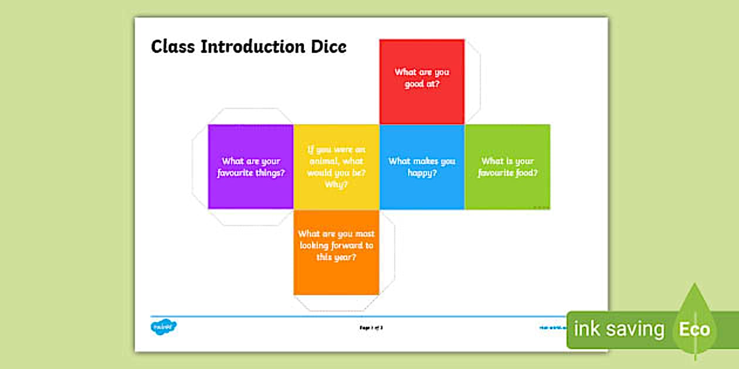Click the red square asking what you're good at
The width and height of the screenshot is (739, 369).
(x=422, y=81)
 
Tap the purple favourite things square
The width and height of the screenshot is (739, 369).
(x=250, y=167)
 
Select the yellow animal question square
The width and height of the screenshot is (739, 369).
(x=336, y=167)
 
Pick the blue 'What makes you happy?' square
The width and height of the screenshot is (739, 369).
(x=422, y=167)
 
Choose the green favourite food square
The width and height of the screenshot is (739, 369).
(x=507, y=167)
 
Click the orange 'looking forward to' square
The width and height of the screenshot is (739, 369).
(x=336, y=252)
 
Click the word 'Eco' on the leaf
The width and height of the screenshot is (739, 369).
(x=694, y=329)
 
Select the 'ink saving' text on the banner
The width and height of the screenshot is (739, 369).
(x=618, y=329)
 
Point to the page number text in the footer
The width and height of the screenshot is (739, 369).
(x=371, y=327)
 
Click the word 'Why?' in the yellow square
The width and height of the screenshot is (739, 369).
(x=336, y=184)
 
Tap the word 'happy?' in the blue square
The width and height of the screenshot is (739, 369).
(x=422, y=173)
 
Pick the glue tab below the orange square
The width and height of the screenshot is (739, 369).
(x=336, y=303)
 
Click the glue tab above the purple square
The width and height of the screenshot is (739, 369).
(x=250, y=116)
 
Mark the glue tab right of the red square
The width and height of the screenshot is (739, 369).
(x=472, y=81)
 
